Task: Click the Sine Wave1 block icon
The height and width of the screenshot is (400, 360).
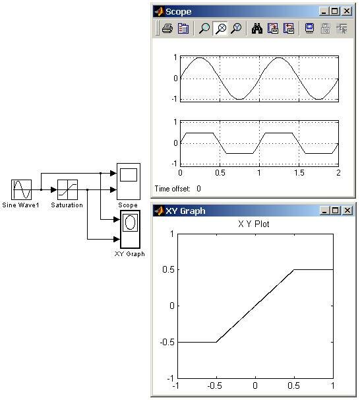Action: (x=21, y=189)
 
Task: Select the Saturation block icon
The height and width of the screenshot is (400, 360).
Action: (x=67, y=189)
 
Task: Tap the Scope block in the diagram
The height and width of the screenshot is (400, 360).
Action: (x=129, y=182)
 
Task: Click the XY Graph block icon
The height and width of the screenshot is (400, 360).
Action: (x=130, y=229)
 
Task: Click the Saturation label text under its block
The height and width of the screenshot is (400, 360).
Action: (x=67, y=205)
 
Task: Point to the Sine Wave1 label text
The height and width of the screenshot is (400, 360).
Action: (x=20, y=205)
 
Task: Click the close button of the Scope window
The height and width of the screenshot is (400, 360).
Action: (x=347, y=11)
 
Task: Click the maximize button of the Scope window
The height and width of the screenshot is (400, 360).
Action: (x=335, y=11)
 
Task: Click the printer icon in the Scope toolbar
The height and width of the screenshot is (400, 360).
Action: (x=167, y=28)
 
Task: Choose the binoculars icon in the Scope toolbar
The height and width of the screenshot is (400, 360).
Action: (x=257, y=28)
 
